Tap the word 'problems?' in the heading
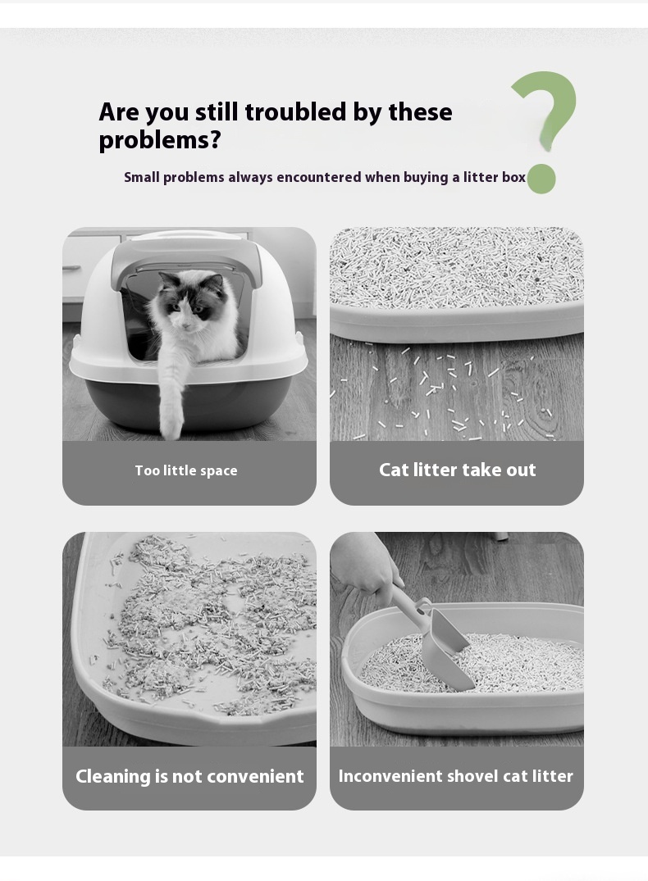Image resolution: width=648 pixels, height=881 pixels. point(160,140)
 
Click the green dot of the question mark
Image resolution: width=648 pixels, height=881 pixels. point(541,179)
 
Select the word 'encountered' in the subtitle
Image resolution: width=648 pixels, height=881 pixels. point(318,177)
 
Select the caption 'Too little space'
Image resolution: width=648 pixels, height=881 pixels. point(186,471)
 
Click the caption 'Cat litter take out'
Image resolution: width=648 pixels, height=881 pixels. point(458,470)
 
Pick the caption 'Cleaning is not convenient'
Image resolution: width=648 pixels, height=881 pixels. point(189,776)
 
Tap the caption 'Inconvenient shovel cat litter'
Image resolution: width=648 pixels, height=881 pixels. point(455,776)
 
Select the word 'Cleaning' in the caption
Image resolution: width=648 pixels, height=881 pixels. point(113,776)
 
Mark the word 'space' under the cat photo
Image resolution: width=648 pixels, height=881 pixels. point(219,471)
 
